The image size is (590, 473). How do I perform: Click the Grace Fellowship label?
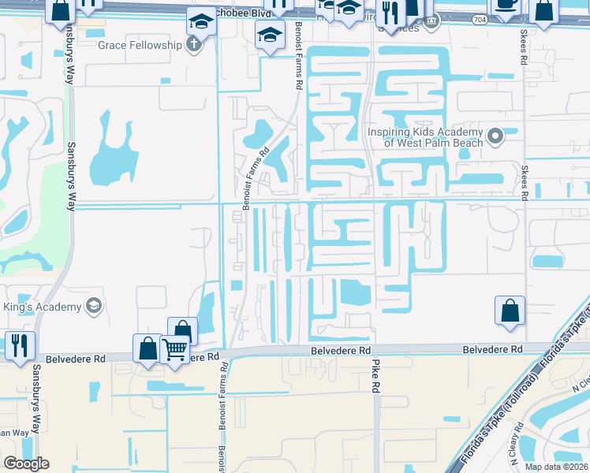(x=140, y=45)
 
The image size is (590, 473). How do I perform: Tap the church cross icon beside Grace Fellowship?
(x=192, y=45)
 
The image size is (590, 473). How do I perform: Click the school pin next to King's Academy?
(x=93, y=306)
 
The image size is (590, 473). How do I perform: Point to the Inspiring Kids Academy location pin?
(x=495, y=137)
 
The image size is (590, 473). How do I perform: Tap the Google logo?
(x=26, y=464)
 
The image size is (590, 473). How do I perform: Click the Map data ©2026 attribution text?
(x=556, y=467)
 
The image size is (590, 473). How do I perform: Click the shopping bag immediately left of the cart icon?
(x=148, y=347)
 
